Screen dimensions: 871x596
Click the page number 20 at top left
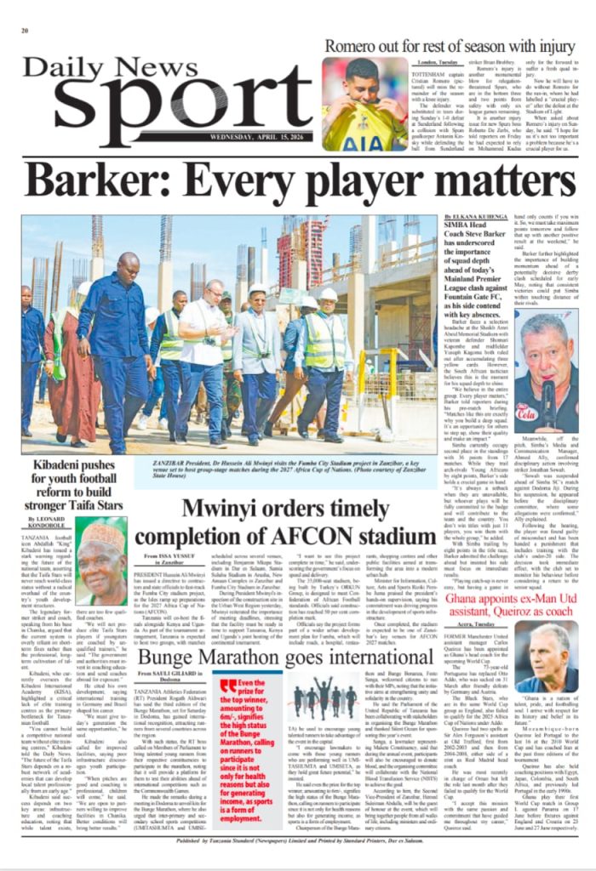click(x=25, y=30)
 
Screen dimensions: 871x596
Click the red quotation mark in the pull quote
click(x=228, y=683)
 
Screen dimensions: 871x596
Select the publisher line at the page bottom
click(x=298, y=862)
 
